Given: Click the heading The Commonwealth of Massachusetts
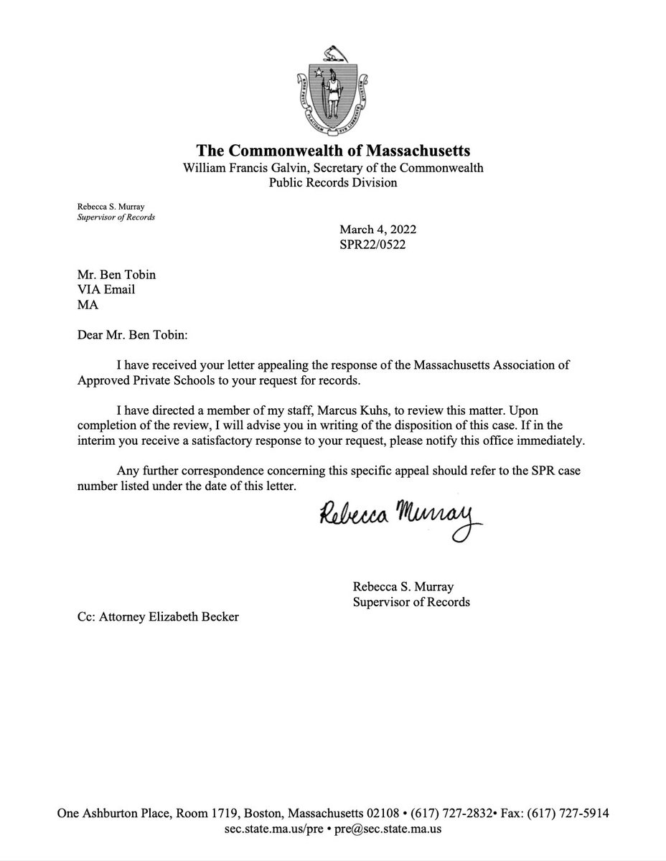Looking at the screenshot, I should (333, 151).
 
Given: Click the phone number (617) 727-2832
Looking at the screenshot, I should (476, 814).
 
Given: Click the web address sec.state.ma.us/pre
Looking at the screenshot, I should (273, 829).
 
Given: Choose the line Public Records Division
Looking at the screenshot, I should (333, 182).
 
